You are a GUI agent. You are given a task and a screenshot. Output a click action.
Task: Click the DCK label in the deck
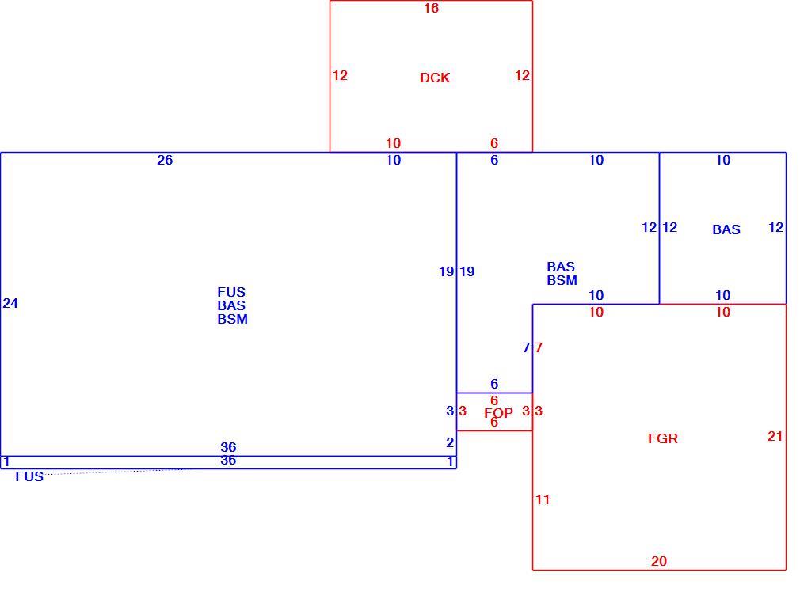[435, 78]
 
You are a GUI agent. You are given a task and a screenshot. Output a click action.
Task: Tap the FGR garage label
[663, 438]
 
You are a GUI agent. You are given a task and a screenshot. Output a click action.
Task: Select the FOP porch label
[498, 413]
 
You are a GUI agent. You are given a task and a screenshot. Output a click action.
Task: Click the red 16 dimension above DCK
[431, 8]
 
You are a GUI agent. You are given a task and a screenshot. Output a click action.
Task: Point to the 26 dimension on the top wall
[165, 160]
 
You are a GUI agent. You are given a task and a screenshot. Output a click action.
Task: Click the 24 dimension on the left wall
[10, 303]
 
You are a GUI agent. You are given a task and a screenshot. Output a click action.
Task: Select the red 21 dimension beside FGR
[775, 436]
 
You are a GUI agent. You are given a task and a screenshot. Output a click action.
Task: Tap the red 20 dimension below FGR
[659, 561]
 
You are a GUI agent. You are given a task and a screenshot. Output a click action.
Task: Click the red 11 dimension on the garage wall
[543, 499]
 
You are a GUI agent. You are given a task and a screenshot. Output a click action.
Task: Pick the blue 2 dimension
[449, 442]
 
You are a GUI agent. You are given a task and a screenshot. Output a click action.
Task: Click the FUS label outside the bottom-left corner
[29, 476]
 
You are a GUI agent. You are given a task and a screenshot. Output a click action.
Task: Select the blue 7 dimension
[526, 347]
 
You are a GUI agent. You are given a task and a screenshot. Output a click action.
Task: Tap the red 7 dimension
[539, 347]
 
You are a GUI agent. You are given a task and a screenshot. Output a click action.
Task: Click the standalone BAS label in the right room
[726, 229]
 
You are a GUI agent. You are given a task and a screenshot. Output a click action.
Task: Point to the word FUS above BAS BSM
[231, 292]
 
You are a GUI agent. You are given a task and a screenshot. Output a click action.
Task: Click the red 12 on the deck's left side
[340, 75]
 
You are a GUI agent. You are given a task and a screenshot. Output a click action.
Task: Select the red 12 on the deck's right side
[522, 75]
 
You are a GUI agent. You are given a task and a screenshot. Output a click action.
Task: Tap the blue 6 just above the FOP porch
[494, 384]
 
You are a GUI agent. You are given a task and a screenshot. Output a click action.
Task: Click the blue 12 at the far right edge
[775, 227]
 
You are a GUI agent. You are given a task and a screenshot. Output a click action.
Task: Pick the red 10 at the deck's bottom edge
[393, 143]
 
